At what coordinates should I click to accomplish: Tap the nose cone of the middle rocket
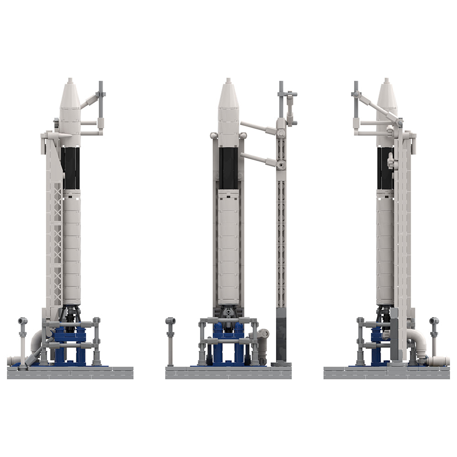(228, 96)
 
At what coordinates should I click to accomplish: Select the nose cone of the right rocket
(387, 96)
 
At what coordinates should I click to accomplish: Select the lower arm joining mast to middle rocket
(258, 159)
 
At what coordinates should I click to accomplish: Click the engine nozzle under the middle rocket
(228, 313)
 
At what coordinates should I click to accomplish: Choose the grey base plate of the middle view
(228, 373)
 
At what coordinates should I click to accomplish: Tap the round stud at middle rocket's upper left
(213, 136)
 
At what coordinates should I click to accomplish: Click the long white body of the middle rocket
(228, 247)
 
